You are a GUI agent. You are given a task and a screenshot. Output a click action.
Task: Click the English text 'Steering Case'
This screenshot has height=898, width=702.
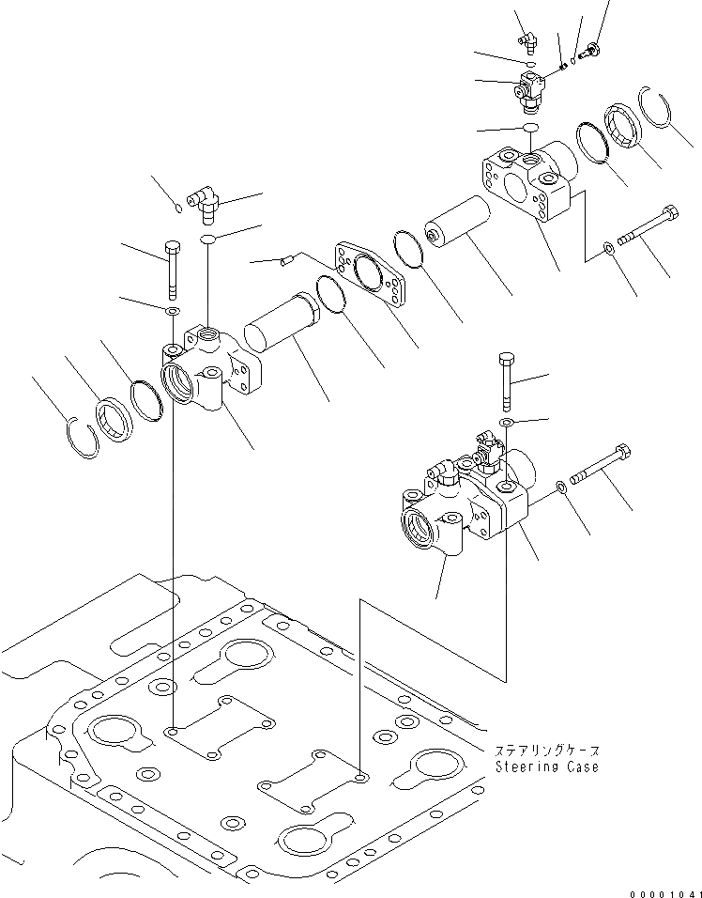tap(547, 766)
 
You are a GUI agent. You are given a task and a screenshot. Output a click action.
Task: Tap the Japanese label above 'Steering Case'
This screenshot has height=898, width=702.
tap(546, 751)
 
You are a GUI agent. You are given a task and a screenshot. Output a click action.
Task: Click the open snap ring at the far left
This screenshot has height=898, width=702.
tap(84, 434)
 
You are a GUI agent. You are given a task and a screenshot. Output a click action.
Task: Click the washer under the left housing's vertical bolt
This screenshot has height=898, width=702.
tap(173, 310)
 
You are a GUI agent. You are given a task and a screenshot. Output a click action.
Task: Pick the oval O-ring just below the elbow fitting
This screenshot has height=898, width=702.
tap(207, 240)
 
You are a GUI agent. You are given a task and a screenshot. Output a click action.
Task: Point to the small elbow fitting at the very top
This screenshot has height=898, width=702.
tap(527, 39)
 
